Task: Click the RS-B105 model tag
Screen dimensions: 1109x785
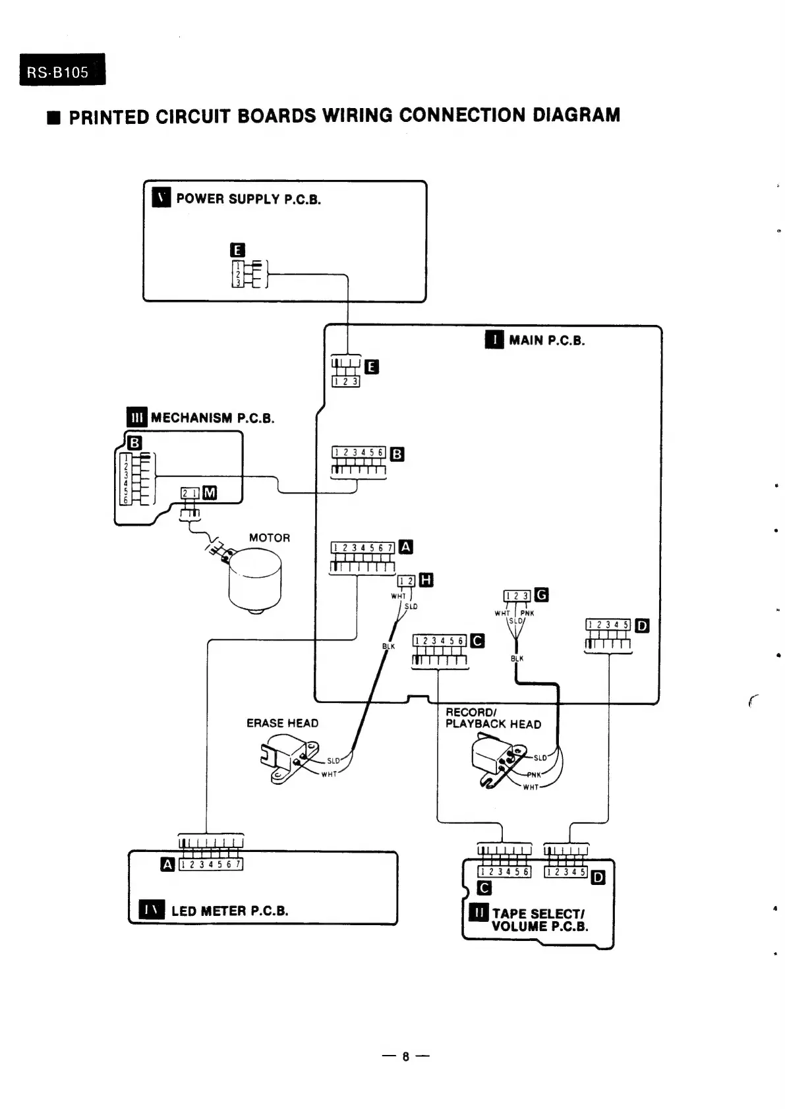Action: coord(62,71)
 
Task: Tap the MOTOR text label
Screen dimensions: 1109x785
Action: coord(269,538)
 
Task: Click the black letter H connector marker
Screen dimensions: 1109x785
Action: coord(426,580)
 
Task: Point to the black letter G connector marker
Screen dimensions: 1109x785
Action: coord(541,595)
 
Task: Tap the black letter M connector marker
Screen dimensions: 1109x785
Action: coord(210,493)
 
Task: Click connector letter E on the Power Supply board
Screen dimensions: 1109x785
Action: coord(238,250)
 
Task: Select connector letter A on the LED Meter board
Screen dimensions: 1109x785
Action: coord(168,864)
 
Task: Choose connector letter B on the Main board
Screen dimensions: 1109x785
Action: coord(397,454)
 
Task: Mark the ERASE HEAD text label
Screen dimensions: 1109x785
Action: coord(282,723)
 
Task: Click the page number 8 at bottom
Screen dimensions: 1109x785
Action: coord(406,1057)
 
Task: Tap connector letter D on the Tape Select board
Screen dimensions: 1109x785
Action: coord(598,877)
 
